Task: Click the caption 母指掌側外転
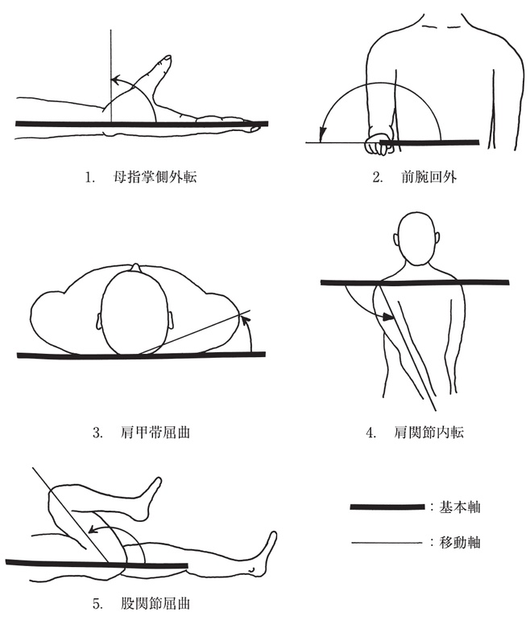click(155, 177)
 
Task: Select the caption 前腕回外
click(429, 177)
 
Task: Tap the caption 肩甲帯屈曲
click(155, 432)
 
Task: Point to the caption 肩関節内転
click(429, 432)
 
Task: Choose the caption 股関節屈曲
click(155, 603)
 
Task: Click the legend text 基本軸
click(459, 507)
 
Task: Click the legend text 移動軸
click(459, 542)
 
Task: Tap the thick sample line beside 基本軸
click(387, 507)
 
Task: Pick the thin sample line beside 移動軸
click(387, 542)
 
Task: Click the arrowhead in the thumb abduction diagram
click(115, 80)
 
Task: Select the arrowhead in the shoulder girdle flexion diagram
click(247, 320)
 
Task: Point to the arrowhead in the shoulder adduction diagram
click(388, 317)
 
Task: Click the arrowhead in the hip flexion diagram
click(93, 529)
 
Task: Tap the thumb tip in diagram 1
click(167, 59)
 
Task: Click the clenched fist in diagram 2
click(379, 142)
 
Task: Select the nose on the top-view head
click(135, 267)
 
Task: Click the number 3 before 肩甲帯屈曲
click(97, 432)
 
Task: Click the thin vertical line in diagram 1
click(111, 76)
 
